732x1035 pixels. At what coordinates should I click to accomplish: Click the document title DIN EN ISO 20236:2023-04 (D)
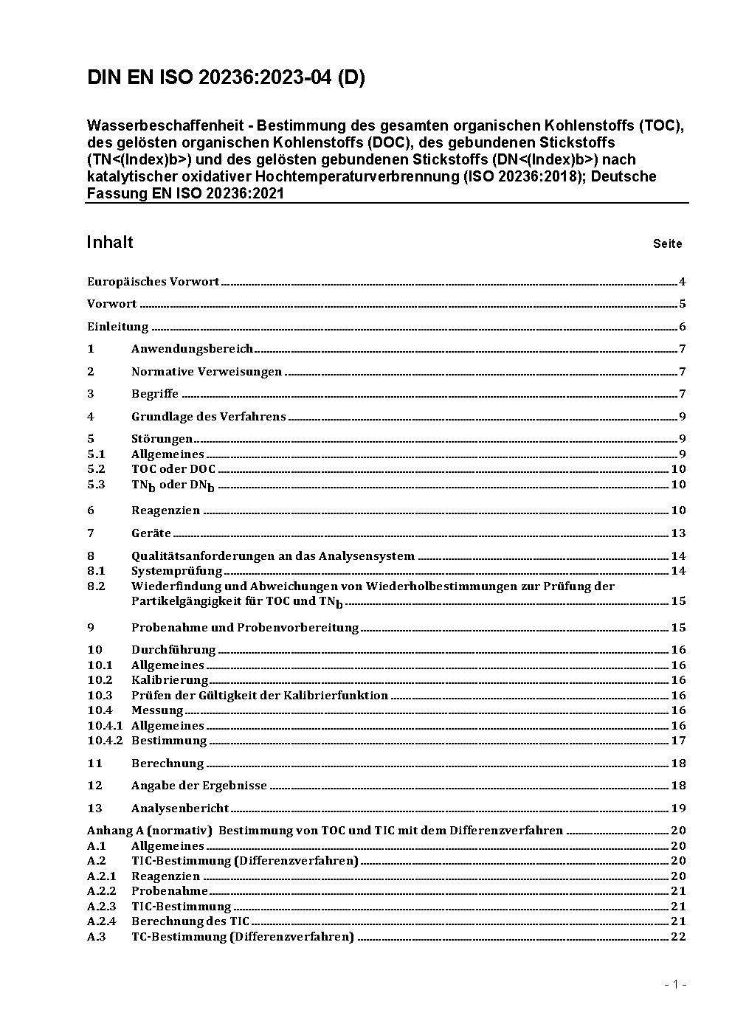click(226, 78)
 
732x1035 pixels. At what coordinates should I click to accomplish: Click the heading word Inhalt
click(110, 243)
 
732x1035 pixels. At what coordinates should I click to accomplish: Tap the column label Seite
click(667, 243)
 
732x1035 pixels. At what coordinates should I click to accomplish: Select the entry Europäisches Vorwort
click(153, 282)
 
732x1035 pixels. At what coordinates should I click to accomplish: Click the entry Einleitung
click(117, 327)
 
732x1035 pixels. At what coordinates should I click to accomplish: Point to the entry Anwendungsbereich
click(192, 349)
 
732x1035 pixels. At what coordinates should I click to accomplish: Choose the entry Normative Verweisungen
click(207, 372)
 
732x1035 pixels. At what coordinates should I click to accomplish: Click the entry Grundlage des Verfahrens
click(208, 417)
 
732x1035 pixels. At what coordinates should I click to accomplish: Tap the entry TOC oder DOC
click(173, 469)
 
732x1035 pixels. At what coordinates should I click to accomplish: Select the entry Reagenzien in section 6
click(165, 510)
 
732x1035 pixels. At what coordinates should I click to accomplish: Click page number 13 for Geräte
click(678, 533)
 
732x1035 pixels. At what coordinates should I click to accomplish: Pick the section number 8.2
click(96, 586)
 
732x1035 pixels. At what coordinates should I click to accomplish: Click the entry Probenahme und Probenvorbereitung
click(244, 628)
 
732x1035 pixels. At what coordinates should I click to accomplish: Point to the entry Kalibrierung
click(170, 680)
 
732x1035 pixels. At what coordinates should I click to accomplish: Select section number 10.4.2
click(105, 741)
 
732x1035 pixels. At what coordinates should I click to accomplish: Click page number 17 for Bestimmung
click(678, 741)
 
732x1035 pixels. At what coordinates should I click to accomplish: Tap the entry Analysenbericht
click(180, 809)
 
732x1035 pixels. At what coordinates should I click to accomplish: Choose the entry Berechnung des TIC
click(190, 921)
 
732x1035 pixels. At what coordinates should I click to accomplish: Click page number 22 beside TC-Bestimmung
click(678, 937)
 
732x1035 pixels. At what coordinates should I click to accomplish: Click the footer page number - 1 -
click(675, 984)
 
